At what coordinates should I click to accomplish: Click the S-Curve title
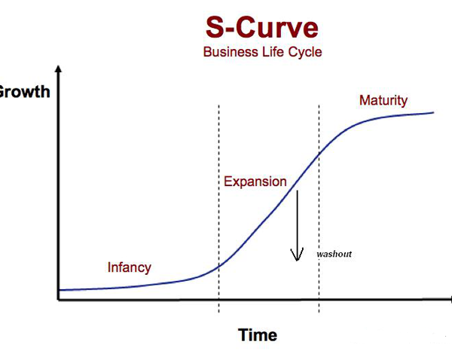coord(262,27)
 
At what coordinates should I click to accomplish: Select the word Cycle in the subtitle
coord(305,52)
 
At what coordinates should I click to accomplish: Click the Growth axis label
coord(25,92)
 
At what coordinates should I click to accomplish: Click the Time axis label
coord(258,335)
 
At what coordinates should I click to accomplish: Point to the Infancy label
coord(129,267)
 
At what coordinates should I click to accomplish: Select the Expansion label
coord(255,182)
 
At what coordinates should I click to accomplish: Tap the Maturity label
coord(383,100)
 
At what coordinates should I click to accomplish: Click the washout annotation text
coord(334,254)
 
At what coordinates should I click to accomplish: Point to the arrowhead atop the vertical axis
coord(59,69)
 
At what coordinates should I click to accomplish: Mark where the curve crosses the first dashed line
coord(218,265)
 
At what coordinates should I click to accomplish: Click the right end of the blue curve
coord(434,113)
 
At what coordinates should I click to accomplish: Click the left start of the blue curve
coord(59,290)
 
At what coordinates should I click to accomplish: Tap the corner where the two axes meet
coord(59,300)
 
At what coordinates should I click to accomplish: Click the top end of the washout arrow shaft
coord(298,191)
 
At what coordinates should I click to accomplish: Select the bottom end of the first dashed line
coord(218,313)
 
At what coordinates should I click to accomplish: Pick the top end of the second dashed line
coord(319,105)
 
